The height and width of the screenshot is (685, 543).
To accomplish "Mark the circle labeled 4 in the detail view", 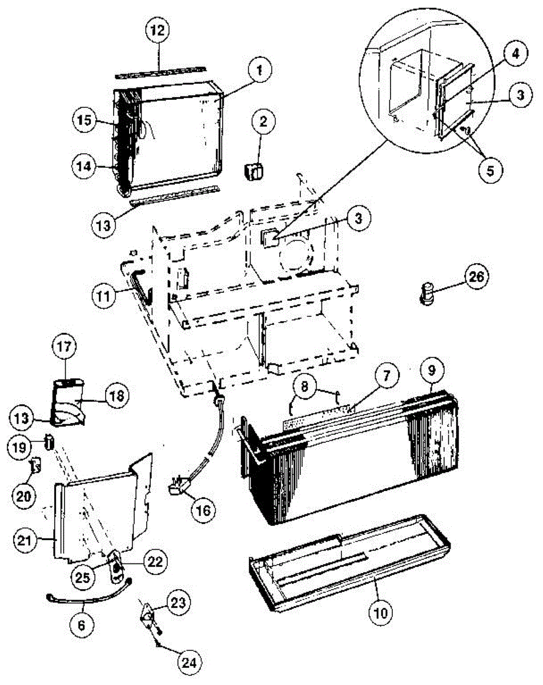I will coord(515,55).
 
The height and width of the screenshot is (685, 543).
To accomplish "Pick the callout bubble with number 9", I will coord(432,370).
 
